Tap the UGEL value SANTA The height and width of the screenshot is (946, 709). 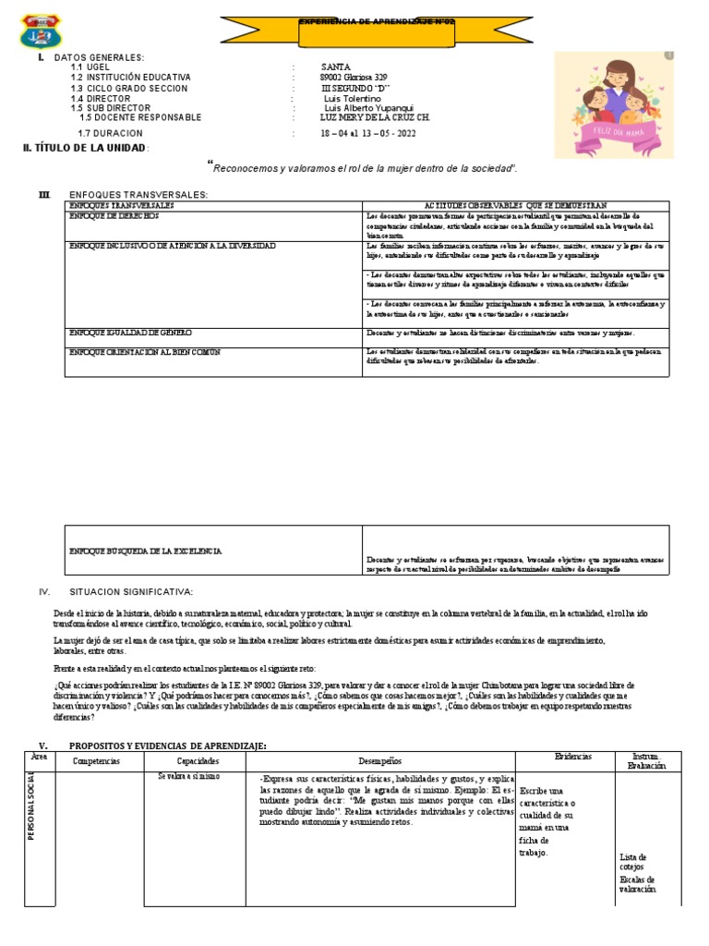pyautogui.click(x=335, y=67)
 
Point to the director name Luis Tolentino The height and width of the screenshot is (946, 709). pyautogui.click(x=353, y=98)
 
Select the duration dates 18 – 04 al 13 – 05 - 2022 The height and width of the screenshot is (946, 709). pyautogui.click(x=367, y=133)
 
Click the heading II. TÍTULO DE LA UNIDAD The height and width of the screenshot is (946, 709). pyautogui.click(x=86, y=148)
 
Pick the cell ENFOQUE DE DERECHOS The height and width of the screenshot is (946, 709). pyautogui.click(x=114, y=214)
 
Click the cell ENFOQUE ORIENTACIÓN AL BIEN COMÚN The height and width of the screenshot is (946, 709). pyautogui.click(x=145, y=352)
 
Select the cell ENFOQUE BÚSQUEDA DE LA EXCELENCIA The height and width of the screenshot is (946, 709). pyautogui.click(x=146, y=551)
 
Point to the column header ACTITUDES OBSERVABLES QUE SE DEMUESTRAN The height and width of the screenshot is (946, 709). pyautogui.click(x=515, y=204)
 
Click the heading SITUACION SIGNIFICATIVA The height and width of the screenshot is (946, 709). pyautogui.click(x=131, y=591)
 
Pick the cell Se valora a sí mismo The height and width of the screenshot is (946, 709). pyautogui.click(x=187, y=777)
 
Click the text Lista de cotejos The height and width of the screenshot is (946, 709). pyautogui.click(x=633, y=862)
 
